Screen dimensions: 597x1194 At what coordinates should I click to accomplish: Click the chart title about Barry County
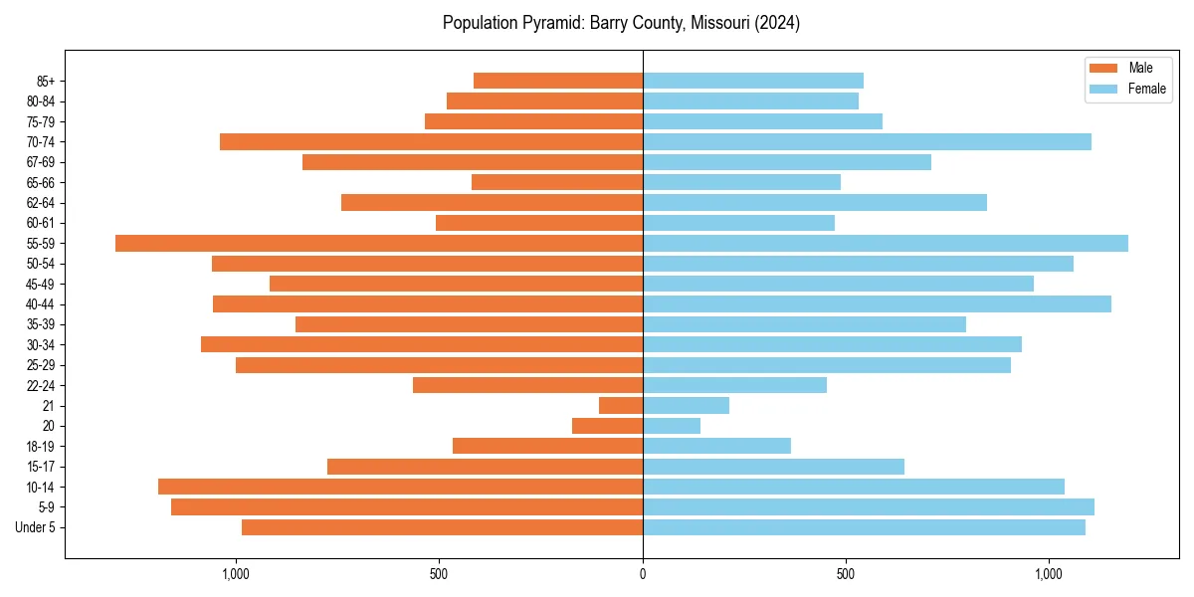click(621, 23)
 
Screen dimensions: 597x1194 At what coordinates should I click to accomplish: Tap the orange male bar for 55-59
click(379, 243)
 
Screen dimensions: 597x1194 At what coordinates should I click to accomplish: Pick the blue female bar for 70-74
click(867, 141)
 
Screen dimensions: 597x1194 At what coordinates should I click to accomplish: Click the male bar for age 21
click(621, 405)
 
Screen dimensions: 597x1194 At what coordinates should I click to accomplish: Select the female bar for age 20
click(672, 426)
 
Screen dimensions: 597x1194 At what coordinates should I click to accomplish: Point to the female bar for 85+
click(753, 81)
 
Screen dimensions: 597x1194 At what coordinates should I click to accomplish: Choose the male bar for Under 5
click(442, 527)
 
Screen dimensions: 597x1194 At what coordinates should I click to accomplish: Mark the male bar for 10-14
click(400, 487)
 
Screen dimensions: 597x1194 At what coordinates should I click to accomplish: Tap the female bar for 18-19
click(716, 446)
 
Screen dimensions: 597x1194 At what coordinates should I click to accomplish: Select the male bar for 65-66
click(557, 182)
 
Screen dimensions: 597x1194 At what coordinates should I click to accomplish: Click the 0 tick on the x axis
click(643, 574)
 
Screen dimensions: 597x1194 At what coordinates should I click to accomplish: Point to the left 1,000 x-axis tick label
click(236, 574)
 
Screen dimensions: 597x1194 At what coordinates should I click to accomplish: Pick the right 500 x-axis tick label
click(846, 574)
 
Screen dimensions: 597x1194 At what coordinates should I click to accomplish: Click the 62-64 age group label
click(41, 203)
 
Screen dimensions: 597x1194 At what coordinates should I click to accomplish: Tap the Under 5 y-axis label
click(36, 527)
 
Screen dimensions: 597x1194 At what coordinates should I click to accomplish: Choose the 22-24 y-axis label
click(41, 385)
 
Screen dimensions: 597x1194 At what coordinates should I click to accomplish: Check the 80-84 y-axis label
click(41, 101)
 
